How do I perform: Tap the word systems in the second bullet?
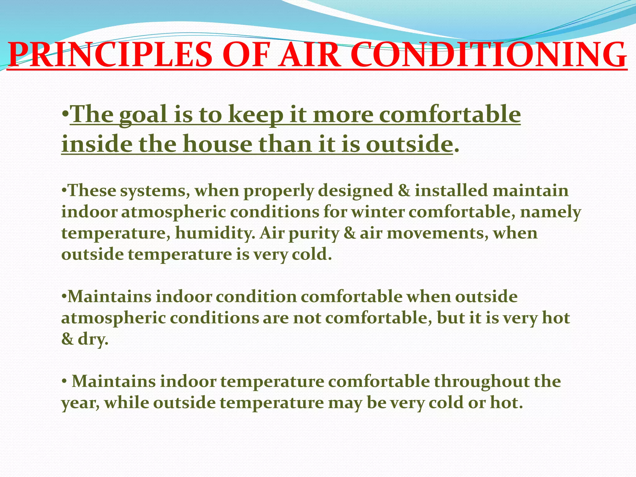tap(155, 191)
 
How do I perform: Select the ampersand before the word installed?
tap(404, 190)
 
